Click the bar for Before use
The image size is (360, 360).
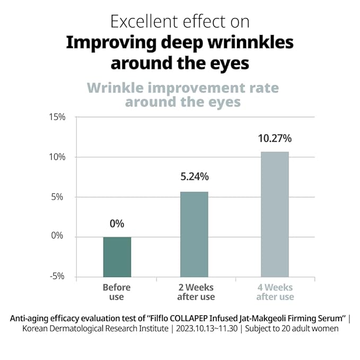click(x=117, y=257)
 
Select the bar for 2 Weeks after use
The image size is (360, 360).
click(x=194, y=234)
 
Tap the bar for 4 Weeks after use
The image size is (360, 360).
click(x=275, y=214)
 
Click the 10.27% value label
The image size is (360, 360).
click(x=274, y=139)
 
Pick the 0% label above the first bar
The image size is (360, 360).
click(x=117, y=223)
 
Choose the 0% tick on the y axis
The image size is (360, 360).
click(x=57, y=236)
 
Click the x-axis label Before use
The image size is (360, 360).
click(x=116, y=292)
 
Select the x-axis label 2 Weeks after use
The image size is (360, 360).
click(x=196, y=292)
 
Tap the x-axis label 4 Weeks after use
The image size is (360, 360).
click(x=275, y=292)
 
